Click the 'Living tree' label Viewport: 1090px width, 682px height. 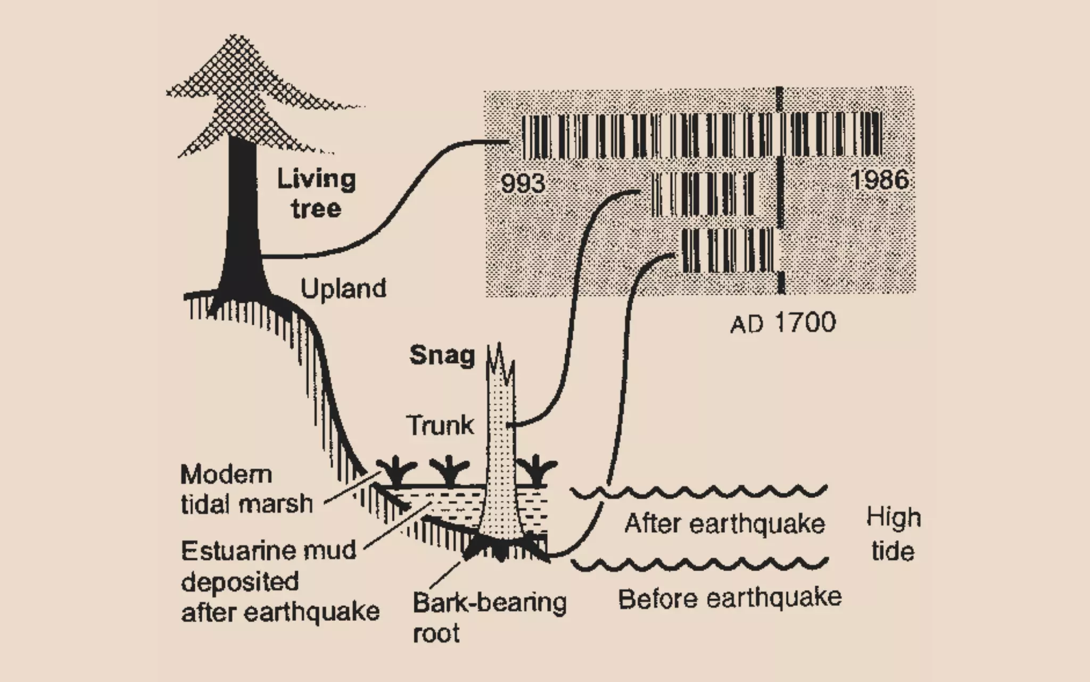(x=316, y=193)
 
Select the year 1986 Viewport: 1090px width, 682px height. (x=880, y=180)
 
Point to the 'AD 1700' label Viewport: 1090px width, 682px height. (x=783, y=323)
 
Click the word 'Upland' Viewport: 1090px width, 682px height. (x=343, y=289)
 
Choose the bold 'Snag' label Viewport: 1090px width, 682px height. (x=442, y=355)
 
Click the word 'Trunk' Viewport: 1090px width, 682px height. (x=440, y=425)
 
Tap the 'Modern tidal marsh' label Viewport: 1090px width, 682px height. (x=246, y=489)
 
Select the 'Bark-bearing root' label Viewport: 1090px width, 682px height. (x=489, y=618)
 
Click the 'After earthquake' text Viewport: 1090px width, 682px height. (x=724, y=524)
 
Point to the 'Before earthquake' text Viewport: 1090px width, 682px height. (x=730, y=599)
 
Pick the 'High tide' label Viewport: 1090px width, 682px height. (x=894, y=534)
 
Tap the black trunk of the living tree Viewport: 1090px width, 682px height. (x=242, y=213)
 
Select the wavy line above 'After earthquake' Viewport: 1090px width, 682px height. (x=699, y=491)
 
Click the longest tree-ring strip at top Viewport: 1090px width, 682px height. (x=701, y=136)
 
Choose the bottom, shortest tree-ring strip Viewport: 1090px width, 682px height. (x=727, y=250)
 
